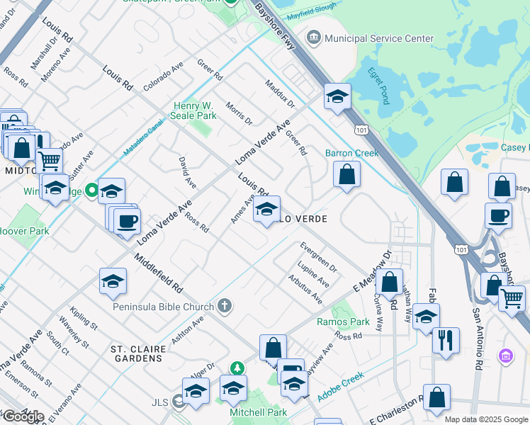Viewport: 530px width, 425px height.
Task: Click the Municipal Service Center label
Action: pos(379,38)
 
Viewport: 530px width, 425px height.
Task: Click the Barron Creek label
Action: pos(352,153)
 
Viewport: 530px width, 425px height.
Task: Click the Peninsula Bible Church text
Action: pos(164,307)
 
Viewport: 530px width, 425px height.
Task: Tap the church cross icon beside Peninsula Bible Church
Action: pos(225,306)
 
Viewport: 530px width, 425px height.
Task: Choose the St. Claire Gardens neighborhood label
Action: pos(138,349)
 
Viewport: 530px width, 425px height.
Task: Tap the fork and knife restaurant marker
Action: pos(446,340)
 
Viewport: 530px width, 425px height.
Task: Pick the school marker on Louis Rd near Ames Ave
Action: pos(266,210)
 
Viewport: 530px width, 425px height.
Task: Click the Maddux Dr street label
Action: pos(279,94)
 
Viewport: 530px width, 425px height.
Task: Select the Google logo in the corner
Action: pos(23,416)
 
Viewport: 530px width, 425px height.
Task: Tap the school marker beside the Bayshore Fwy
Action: pos(338,96)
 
